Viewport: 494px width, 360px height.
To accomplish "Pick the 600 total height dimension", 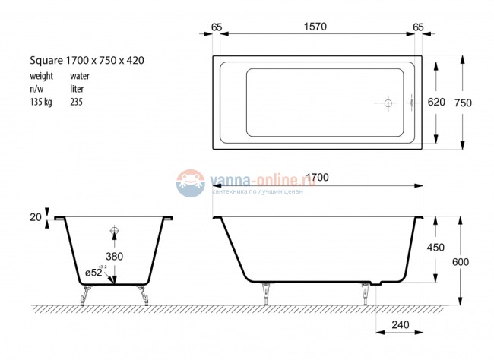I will pos(460,262).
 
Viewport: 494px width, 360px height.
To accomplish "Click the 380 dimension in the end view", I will pos(114,256).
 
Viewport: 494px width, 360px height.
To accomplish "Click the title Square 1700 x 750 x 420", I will pos(87,59).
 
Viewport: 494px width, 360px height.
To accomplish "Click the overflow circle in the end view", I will pos(115,231).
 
